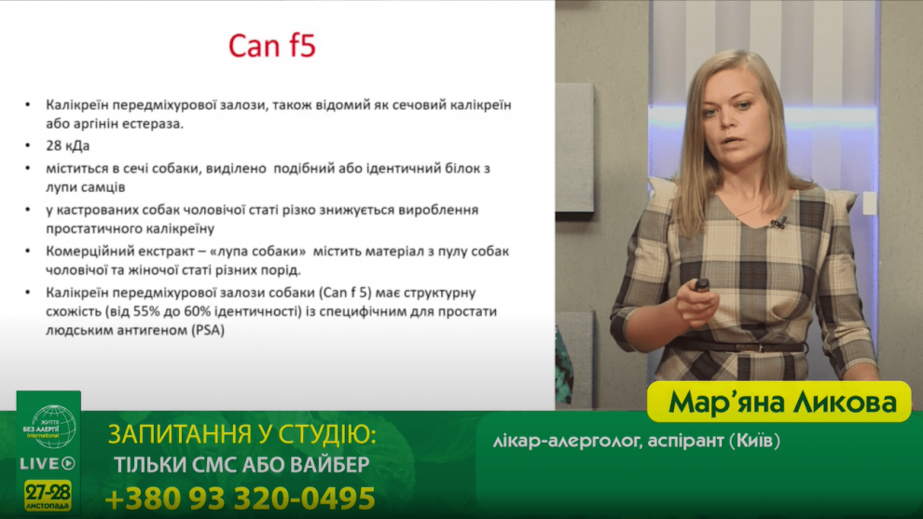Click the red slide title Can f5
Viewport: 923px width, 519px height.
(x=272, y=46)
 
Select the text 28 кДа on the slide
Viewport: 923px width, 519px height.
(x=68, y=145)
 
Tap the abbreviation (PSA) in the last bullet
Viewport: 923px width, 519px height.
(x=208, y=330)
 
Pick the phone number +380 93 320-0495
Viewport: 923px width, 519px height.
(x=241, y=499)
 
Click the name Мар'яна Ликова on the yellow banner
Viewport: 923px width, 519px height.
(x=782, y=403)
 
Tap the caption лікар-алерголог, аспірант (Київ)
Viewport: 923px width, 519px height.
(x=637, y=440)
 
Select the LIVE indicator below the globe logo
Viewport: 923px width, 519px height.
(x=48, y=464)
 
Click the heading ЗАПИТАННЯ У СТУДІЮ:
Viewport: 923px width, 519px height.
(x=241, y=434)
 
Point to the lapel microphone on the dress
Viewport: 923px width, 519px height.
(x=778, y=223)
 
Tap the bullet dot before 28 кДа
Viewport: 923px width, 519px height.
(x=28, y=146)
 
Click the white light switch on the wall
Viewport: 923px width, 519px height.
(x=870, y=204)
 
